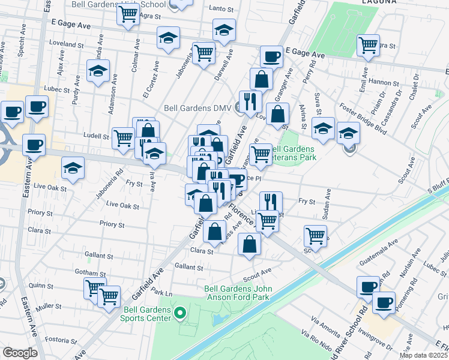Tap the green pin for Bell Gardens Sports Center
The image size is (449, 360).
point(178,312)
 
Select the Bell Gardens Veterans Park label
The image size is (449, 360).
point(294,153)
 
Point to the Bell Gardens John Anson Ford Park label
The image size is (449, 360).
point(238,292)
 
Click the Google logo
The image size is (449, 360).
point(20,353)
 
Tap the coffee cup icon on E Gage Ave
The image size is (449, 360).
point(271,56)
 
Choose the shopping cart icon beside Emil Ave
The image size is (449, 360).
point(367,44)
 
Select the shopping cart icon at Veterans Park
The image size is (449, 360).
point(261,154)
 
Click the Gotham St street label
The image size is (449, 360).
point(91,273)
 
